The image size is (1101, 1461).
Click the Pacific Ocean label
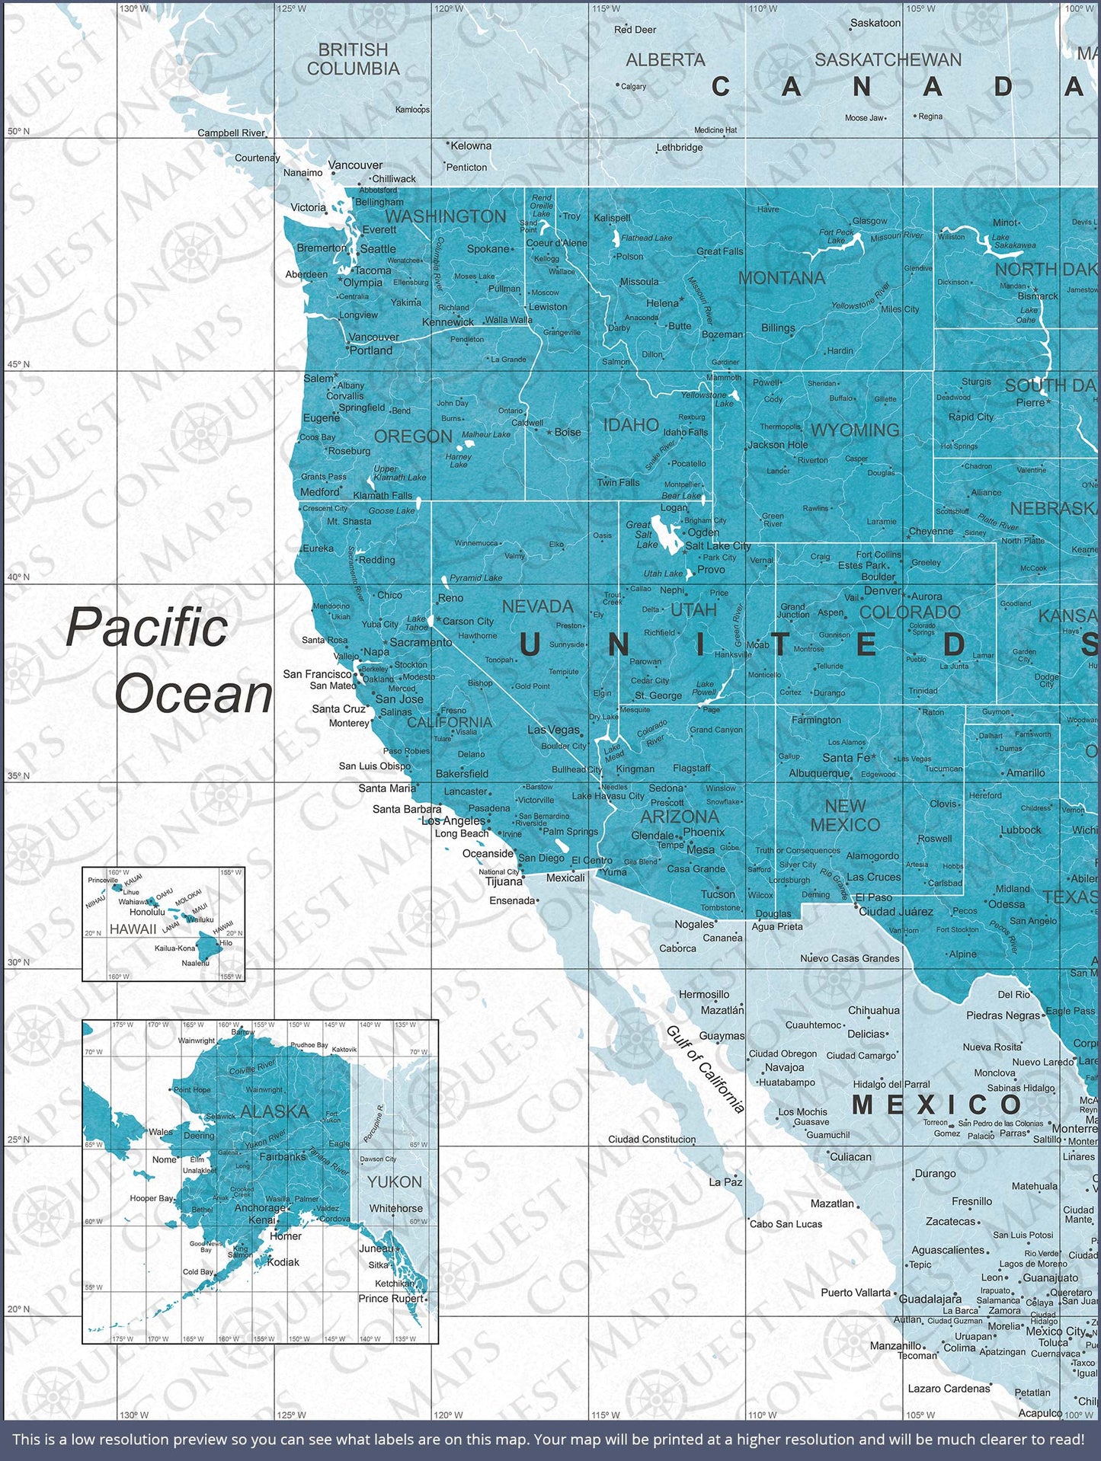(x=169, y=660)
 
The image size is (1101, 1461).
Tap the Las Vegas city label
(x=553, y=730)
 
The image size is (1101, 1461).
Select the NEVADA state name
(x=537, y=606)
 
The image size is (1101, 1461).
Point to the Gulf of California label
(x=705, y=1069)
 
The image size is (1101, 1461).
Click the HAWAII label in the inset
(x=133, y=929)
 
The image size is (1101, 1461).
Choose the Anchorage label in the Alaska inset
(x=260, y=1207)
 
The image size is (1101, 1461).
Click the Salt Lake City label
(x=718, y=545)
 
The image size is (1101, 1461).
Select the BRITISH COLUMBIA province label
(x=353, y=59)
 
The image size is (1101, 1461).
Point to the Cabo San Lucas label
(x=786, y=1223)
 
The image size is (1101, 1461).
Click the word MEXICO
(x=936, y=1105)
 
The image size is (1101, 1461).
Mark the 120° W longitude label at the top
(x=448, y=8)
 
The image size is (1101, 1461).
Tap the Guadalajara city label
(x=930, y=1299)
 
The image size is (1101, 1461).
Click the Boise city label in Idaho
(x=568, y=432)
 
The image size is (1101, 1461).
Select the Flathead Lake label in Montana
(x=646, y=238)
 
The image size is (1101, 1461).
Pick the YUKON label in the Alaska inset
(x=394, y=1181)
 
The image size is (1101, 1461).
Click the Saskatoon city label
(x=875, y=23)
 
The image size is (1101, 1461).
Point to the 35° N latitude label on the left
(x=18, y=775)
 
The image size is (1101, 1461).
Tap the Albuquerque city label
(x=819, y=773)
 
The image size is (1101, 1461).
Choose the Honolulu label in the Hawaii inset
(x=147, y=912)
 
